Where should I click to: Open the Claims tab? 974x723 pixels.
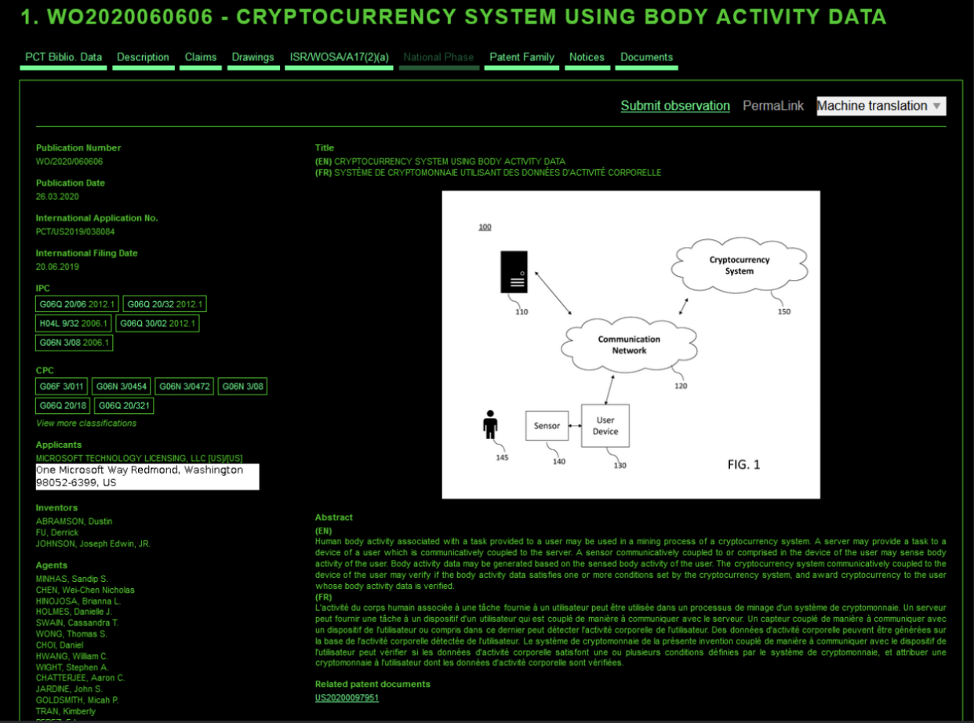pos(201,57)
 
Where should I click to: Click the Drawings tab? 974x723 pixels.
pos(253,57)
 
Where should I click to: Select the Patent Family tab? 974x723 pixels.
pos(522,57)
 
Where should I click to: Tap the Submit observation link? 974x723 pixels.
pos(675,106)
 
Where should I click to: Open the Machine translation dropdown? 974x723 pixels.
pos(881,106)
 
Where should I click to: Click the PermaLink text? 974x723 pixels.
pos(773,106)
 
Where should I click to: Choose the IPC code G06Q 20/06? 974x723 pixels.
pos(77,304)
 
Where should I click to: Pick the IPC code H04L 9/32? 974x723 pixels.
pos(74,323)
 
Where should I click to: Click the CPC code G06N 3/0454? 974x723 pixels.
pos(120,386)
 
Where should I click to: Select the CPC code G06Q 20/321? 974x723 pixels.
pos(124,405)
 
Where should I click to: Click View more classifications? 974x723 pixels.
pos(86,423)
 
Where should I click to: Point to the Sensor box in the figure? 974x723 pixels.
pos(547,426)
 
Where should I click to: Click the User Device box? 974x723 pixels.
pos(605,426)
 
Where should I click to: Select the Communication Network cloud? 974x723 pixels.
pos(629,345)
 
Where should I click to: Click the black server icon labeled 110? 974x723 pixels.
pos(514,272)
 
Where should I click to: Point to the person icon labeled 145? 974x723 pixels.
pos(490,425)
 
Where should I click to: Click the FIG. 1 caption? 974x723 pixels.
pos(743,465)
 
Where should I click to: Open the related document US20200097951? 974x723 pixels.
pos(347,698)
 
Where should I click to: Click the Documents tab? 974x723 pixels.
pos(646,57)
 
